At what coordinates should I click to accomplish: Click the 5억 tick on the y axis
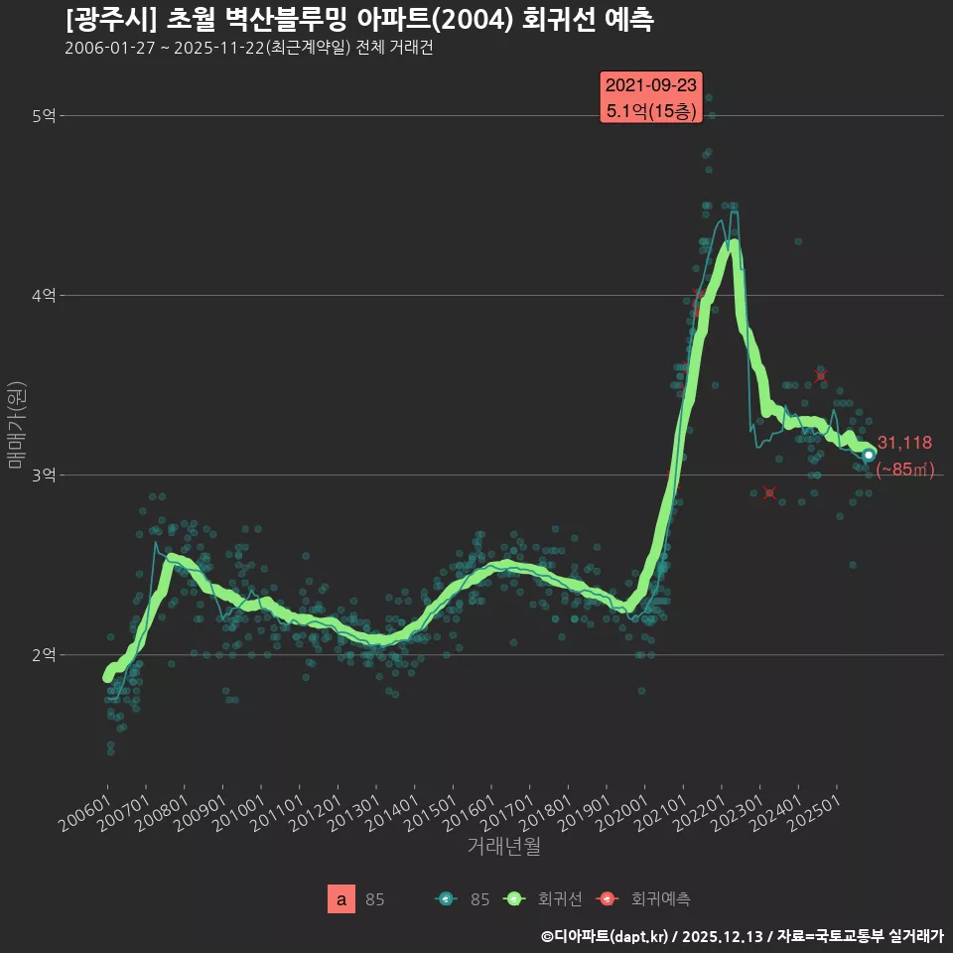pos(44,116)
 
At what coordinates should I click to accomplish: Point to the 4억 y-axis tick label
pos(44,296)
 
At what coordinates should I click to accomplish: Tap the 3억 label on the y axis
pos(44,476)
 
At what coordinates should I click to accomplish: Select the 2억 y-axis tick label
pos(44,655)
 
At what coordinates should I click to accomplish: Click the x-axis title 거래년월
pos(504,847)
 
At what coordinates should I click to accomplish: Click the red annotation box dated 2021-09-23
pos(651,97)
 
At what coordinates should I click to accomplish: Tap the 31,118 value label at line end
pos(904,443)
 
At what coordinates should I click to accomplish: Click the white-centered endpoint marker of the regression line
pos(869,455)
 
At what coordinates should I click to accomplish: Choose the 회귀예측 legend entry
pos(645,899)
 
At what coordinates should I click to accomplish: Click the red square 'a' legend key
pos(341,899)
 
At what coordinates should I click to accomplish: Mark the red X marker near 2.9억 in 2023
pos(769,493)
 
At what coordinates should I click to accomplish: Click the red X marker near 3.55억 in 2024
pos(820,374)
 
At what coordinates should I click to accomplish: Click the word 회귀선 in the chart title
pos(554,20)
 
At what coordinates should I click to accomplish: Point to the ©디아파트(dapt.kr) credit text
pos(606,936)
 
